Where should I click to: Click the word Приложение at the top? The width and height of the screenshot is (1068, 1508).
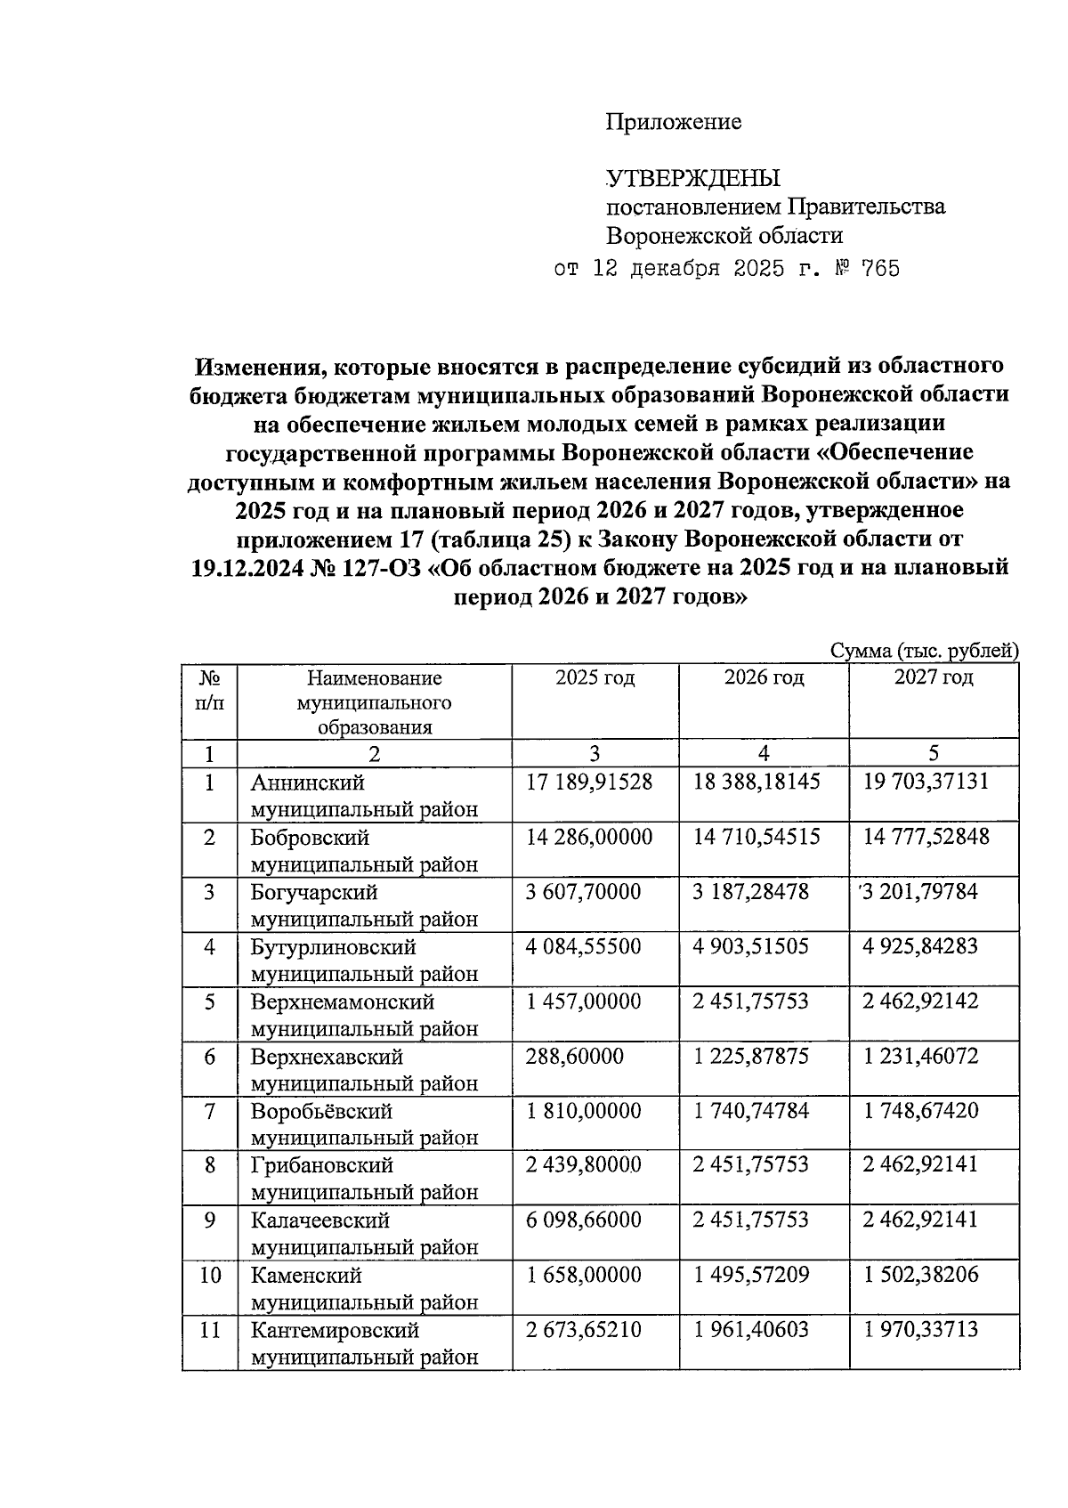coord(673,122)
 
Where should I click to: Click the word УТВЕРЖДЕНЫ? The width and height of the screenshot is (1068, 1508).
coord(692,178)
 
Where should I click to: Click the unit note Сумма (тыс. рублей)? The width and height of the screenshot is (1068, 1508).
coord(924,651)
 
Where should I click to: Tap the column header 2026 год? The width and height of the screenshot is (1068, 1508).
coord(764,677)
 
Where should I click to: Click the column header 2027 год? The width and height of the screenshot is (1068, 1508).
coord(934,677)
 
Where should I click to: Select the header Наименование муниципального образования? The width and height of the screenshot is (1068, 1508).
coord(374,702)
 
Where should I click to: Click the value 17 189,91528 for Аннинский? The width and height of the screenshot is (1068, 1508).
coord(588,782)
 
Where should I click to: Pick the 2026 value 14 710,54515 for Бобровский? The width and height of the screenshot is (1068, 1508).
coord(756,837)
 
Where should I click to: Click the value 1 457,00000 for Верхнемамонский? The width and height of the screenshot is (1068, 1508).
coord(583,1001)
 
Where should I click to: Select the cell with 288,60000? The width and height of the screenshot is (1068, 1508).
coord(574,1057)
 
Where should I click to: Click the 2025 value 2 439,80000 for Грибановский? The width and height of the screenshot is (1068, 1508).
coord(583,1164)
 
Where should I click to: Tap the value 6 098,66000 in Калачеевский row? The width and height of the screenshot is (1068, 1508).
coord(583,1220)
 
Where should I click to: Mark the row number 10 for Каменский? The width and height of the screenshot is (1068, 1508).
coord(210,1275)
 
